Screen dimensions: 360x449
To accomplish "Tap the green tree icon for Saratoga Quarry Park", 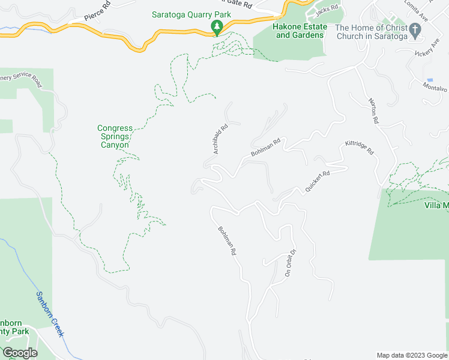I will [x=217, y=27].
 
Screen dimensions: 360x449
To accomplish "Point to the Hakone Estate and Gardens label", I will [x=301, y=31].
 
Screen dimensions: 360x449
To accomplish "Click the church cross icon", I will [x=415, y=29].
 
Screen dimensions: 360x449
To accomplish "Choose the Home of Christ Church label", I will [x=371, y=32].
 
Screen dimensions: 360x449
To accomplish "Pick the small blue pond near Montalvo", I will [x=429, y=80].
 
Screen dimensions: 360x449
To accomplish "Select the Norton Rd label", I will [x=373, y=111].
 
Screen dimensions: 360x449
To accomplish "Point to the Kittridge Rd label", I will [x=359, y=148].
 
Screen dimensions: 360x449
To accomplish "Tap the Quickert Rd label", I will [x=318, y=182].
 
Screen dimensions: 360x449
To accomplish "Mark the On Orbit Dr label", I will [x=291, y=262].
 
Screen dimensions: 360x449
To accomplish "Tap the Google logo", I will [x=20, y=353].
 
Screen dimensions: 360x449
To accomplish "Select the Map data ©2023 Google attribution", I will [x=411, y=355].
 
